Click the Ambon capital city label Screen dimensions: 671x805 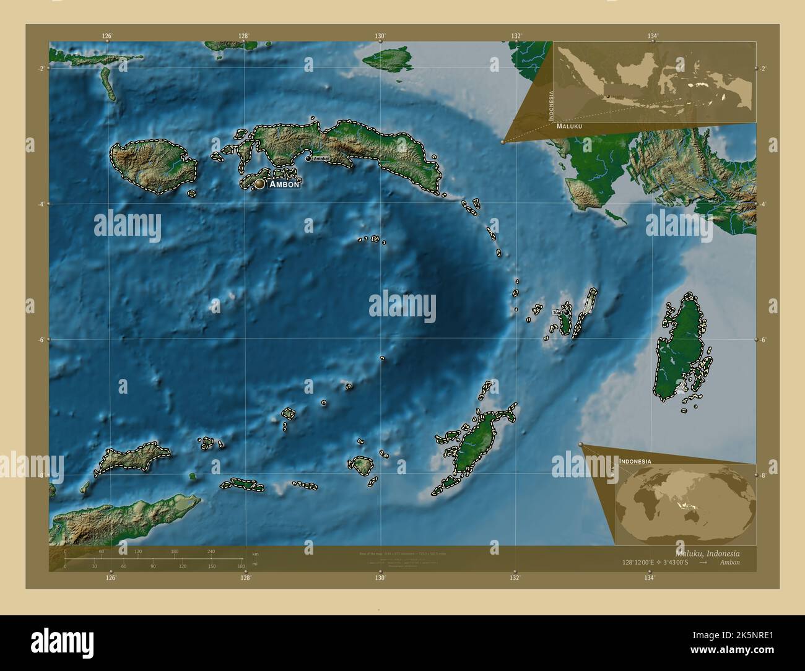284,184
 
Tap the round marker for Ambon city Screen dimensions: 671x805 259,184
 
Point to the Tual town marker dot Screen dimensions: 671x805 565,313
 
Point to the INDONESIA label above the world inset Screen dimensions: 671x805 635,461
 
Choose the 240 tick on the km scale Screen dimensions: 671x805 211,552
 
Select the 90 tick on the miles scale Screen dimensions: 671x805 153,566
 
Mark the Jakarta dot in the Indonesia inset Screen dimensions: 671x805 608,96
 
